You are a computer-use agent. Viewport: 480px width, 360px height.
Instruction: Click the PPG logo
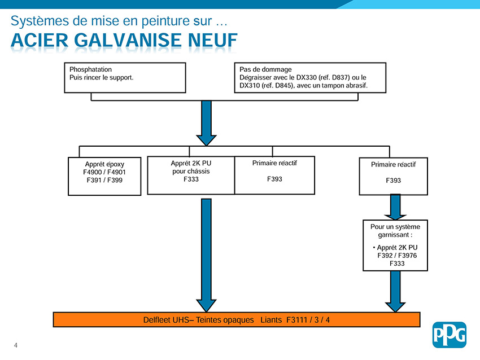coord(449,335)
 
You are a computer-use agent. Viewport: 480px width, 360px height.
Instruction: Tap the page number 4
coord(16,345)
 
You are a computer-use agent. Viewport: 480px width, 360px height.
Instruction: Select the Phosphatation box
coord(125,78)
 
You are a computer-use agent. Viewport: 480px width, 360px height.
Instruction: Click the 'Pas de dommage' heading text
coord(265,69)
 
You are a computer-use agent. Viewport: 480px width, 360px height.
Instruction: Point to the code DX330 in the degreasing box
coord(306,77)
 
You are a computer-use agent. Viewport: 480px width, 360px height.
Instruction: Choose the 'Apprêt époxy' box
coord(104,176)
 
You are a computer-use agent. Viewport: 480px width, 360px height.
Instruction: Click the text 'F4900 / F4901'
coord(104,172)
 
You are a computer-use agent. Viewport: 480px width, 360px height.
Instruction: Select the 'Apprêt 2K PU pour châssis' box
coord(191,175)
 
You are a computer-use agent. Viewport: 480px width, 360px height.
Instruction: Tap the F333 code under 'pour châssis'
coord(191,179)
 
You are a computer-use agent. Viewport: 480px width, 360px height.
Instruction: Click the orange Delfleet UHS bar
coord(237,319)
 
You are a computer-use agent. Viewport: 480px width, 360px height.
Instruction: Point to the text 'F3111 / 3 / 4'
coord(308,320)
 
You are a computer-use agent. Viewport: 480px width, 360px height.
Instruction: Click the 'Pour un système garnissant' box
coord(395,245)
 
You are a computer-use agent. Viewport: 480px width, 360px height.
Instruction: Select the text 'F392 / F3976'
coord(397,256)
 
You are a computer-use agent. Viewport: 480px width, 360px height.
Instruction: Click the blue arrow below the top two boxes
coord(206,123)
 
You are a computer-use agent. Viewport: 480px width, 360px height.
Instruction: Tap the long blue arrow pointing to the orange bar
coord(206,256)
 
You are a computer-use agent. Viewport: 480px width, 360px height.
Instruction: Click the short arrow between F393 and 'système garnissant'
coord(395,207)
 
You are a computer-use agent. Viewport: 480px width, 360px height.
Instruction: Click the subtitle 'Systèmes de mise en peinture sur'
coord(111,21)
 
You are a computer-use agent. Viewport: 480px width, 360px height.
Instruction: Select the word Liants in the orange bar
coord(271,320)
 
